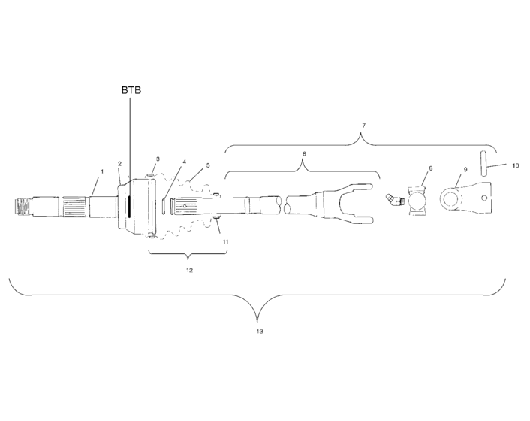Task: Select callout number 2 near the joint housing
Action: (x=119, y=163)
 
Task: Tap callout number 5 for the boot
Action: (x=208, y=165)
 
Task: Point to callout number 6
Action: (x=303, y=153)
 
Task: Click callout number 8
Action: (x=430, y=168)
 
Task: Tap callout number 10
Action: (x=515, y=164)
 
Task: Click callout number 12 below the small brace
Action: (x=189, y=269)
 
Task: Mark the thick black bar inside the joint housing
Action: (x=130, y=204)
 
